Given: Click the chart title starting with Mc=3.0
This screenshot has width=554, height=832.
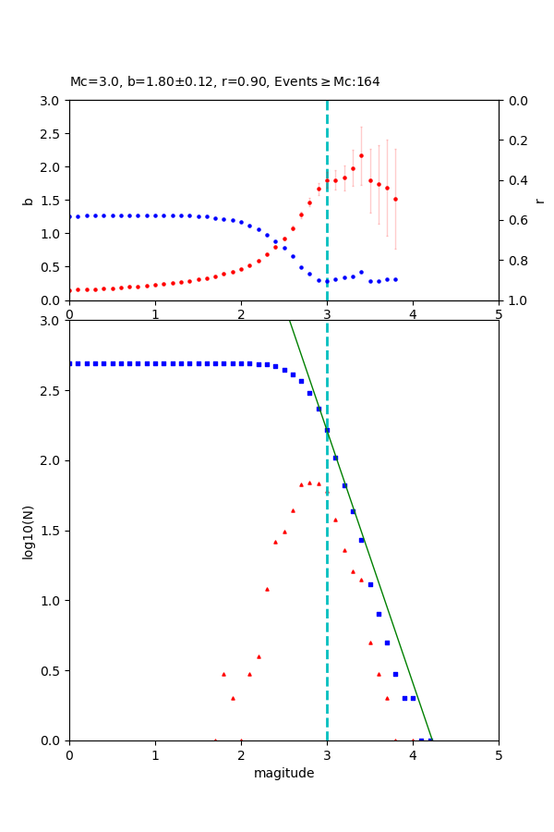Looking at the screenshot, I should (x=224, y=81).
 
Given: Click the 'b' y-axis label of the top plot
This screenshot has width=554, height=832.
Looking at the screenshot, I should (x=29, y=200).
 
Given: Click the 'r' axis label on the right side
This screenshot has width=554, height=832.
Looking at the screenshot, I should (x=539, y=200).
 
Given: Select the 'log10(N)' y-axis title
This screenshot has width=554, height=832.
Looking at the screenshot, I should (x=29, y=531).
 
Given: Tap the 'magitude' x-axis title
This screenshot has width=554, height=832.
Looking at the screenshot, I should (x=283, y=773).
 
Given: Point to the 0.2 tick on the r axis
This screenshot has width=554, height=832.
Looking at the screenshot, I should (x=513, y=141).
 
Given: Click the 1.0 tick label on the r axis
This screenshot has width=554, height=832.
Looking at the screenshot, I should (x=513, y=300).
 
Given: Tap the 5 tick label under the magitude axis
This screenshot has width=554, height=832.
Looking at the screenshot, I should (x=499, y=754).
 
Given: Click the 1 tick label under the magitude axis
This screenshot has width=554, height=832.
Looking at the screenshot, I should (x=155, y=754).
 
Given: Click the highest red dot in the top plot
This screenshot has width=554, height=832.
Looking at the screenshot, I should (x=361, y=155).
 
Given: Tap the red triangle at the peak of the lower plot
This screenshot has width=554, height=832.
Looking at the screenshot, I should (x=309, y=483).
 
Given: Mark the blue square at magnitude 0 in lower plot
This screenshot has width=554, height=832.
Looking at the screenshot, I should (x=70, y=363).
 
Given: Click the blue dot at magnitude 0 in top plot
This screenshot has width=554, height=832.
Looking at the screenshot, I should (x=70, y=217).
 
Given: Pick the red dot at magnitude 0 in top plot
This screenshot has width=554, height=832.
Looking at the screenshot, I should (x=70, y=290).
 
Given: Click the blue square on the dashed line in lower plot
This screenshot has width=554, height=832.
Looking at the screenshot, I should (x=327, y=430).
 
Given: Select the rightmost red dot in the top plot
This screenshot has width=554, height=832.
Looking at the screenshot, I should (x=395, y=199).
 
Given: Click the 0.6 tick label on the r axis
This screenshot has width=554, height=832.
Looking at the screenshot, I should (x=513, y=220).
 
